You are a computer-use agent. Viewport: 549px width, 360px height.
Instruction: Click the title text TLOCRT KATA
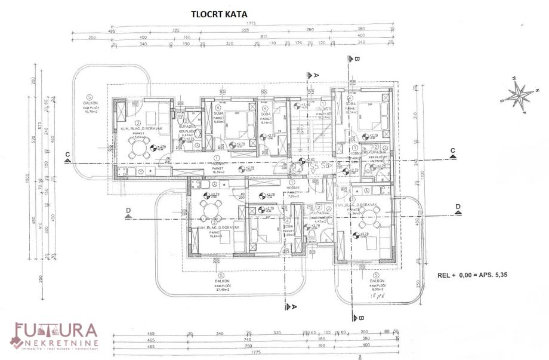tap(218, 14)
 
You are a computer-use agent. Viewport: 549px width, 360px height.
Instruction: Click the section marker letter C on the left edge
tap(67, 154)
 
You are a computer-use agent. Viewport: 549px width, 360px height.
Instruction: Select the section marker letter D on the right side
tap(458, 206)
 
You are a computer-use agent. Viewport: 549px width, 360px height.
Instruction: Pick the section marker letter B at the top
tap(356, 60)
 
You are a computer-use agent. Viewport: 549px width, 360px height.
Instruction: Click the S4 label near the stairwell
tap(297, 171)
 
